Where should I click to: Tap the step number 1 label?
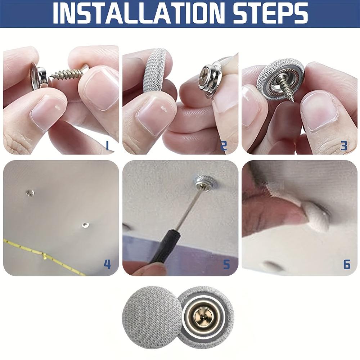107,145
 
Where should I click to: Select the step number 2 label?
224,145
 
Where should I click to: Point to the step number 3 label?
344,145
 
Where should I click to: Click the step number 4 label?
107,264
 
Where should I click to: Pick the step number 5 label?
226,264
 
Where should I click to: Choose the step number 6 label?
347,264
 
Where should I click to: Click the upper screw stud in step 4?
30,193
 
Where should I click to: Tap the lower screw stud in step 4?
85,225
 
